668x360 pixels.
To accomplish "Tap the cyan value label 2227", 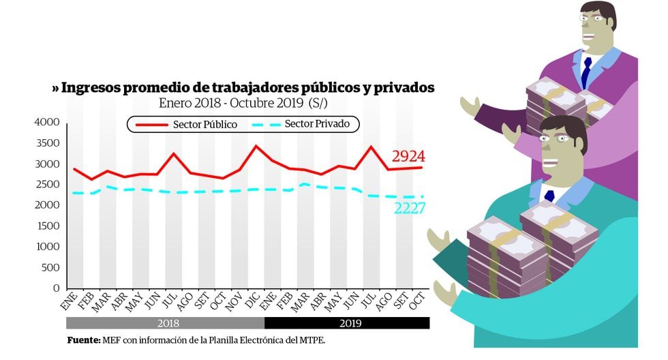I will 409,208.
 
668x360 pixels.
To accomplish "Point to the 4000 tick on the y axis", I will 47,122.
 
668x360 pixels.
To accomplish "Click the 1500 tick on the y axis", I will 47,226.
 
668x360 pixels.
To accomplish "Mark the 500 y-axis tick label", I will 50,268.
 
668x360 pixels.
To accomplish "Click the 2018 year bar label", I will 165,323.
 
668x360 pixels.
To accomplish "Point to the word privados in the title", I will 404,89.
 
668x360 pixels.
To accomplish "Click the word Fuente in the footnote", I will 82,340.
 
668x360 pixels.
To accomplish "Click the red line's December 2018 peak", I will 256,146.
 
